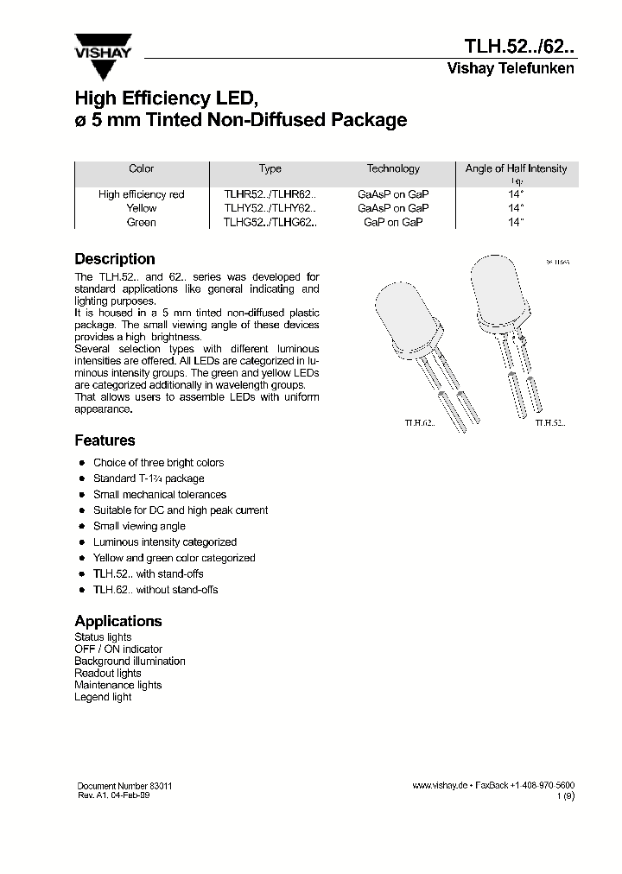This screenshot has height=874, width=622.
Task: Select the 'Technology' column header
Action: pyautogui.click(x=393, y=168)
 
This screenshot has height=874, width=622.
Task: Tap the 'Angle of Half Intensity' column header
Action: pyautogui.click(x=516, y=168)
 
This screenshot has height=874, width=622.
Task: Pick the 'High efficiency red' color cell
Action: pyautogui.click(x=142, y=194)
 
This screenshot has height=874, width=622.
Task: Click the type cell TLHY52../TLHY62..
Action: pyautogui.click(x=270, y=208)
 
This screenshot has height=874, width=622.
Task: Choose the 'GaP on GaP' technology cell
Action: pyautogui.click(x=393, y=222)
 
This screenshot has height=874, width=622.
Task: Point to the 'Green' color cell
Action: pyautogui.click(x=142, y=222)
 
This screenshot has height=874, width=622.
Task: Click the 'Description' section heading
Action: pyautogui.click(x=115, y=259)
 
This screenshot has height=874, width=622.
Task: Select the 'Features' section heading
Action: pyautogui.click(x=105, y=440)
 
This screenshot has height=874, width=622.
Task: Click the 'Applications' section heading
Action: pyautogui.click(x=118, y=621)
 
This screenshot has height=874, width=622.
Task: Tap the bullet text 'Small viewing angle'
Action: pyautogui.click(x=139, y=526)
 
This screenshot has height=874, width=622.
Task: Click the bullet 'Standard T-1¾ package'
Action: pyautogui.click(x=149, y=478)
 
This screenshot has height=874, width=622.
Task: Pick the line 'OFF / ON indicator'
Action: pyautogui.click(x=118, y=649)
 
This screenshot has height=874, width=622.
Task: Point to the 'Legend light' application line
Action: pyautogui.click(x=103, y=697)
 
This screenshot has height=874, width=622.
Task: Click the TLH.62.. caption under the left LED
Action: pyautogui.click(x=420, y=423)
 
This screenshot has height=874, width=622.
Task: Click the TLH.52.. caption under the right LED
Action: pyautogui.click(x=550, y=423)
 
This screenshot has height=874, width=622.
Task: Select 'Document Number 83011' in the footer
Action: pyautogui.click(x=124, y=786)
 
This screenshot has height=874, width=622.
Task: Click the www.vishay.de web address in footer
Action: pyautogui.click(x=440, y=786)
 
